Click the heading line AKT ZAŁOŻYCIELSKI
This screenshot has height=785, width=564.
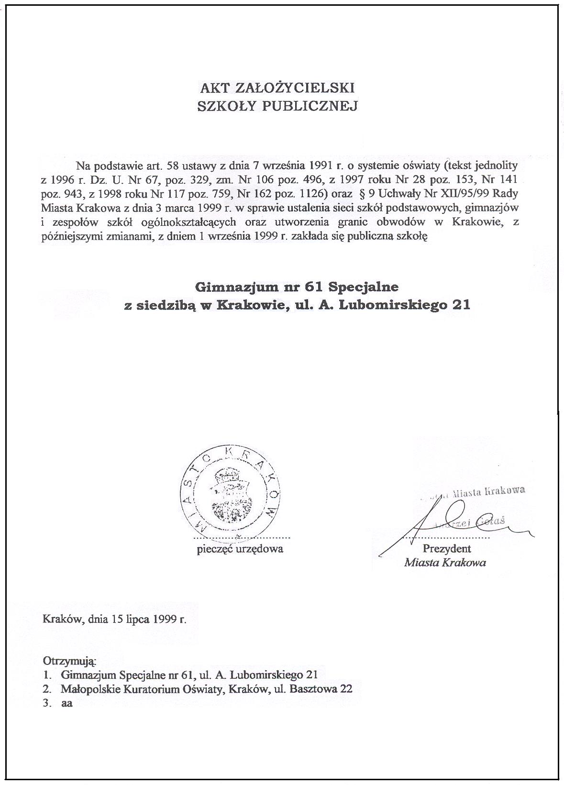(277, 88)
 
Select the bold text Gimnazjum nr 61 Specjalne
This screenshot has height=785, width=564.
(297, 287)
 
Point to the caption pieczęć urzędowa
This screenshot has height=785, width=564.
(240, 549)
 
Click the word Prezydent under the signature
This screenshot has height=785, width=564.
(446, 549)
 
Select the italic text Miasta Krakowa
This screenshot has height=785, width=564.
(445, 563)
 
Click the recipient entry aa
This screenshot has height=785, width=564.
(66, 704)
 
